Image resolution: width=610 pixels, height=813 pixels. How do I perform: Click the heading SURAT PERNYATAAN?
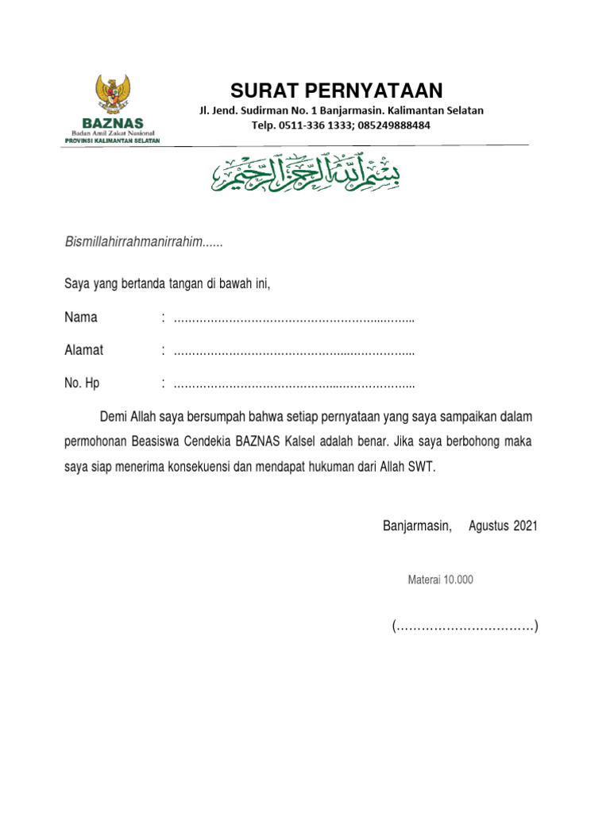(337, 90)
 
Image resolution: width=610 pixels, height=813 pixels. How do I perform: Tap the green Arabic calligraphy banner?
(306, 171)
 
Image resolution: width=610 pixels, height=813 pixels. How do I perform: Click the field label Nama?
(81, 318)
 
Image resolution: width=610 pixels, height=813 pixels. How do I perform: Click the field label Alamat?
(83, 350)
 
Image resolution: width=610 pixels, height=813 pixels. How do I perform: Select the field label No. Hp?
(82, 383)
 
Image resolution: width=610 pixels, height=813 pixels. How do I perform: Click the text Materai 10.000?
(440, 580)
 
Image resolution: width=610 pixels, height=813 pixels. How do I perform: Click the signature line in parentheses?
(465, 627)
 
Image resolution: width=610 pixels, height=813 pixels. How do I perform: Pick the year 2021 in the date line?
(525, 526)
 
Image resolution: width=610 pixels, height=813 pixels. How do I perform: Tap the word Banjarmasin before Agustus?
(417, 526)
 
